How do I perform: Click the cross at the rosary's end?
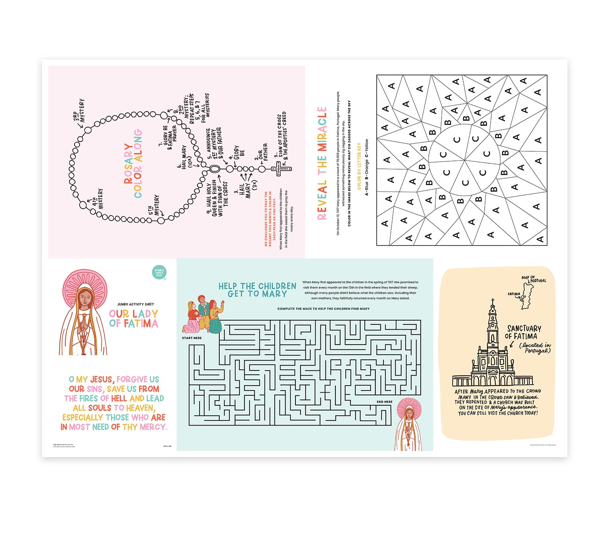(280, 169)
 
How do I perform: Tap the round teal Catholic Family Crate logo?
(159, 273)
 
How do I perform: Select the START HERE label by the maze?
(192, 338)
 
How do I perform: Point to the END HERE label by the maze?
(385, 402)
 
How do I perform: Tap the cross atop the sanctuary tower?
(493, 302)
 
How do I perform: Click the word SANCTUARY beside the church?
(524, 328)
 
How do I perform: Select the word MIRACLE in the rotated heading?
(322, 129)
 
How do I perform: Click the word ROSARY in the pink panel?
(128, 163)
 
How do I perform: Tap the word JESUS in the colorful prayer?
(102, 379)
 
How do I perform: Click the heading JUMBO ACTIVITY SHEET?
(135, 304)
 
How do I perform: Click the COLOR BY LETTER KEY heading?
(359, 166)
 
